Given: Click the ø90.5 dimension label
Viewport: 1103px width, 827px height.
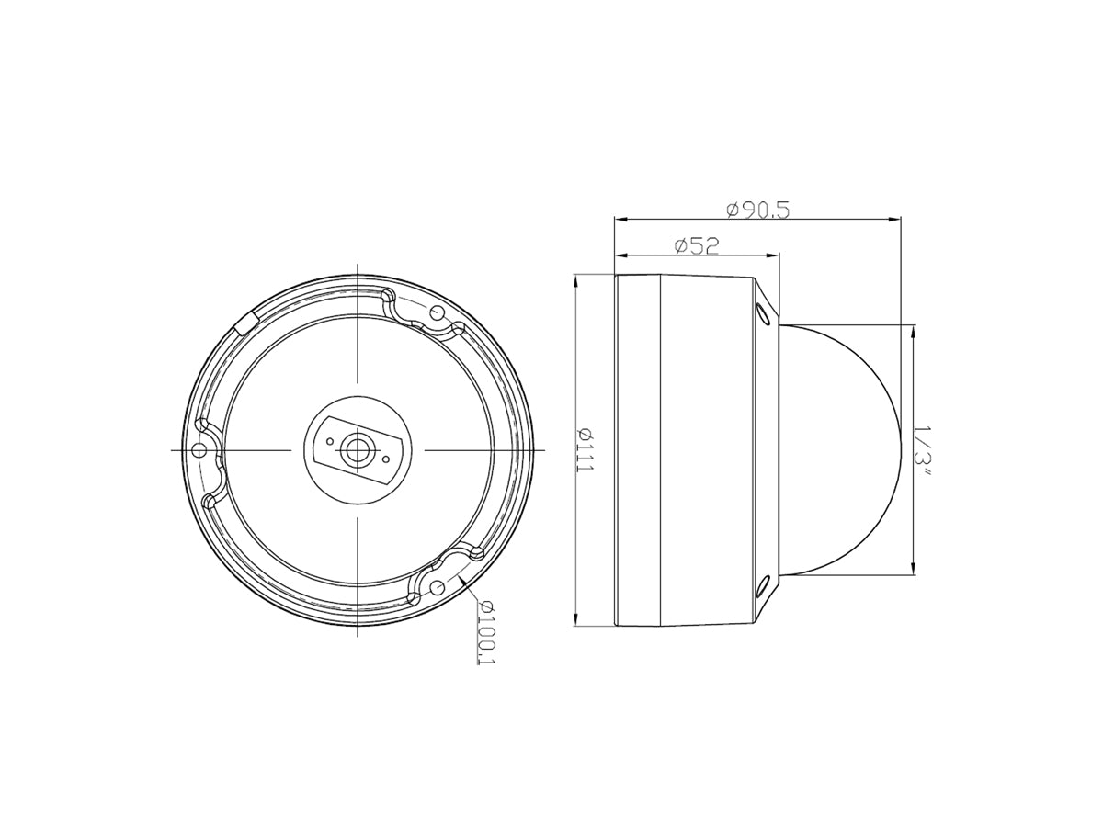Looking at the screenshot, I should (x=757, y=210).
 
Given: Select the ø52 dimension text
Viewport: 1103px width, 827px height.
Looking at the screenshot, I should (x=695, y=245).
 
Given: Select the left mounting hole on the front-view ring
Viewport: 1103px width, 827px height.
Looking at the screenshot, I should (x=199, y=449).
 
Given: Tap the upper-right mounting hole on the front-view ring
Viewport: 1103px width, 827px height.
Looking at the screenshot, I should (x=438, y=313).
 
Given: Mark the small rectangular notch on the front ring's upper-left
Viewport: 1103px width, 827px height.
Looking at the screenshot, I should (x=246, y=321).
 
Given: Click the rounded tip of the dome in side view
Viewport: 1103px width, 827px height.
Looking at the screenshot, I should (x=898, y=449).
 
